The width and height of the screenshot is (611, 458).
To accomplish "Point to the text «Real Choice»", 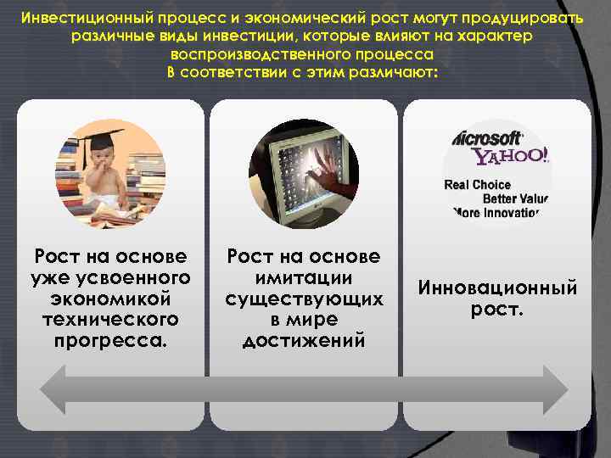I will point(478,185).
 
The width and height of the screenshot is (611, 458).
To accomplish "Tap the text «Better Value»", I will point(515,198).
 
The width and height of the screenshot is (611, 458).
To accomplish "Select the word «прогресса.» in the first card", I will point(110,340).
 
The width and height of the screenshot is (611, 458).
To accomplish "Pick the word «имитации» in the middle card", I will point(304,277).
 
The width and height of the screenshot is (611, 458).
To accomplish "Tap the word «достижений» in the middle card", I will point(304,340).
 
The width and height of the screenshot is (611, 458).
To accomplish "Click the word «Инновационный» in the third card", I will point(497,288).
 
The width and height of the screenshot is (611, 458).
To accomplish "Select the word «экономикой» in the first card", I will point(110,299).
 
